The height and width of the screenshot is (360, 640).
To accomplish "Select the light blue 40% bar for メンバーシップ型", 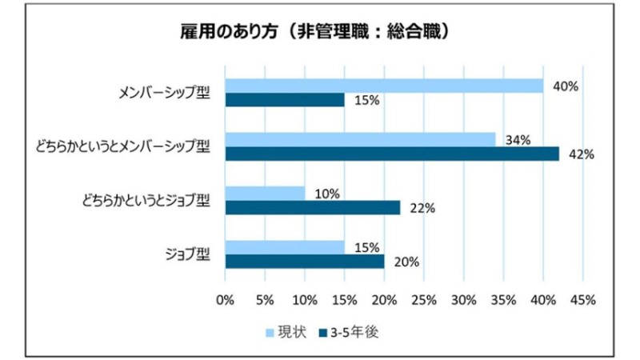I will [x=384, y=86].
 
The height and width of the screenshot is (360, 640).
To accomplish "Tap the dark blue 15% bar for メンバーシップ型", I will [x=285, y=100].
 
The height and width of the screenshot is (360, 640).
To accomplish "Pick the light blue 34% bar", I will [x=360, y=139].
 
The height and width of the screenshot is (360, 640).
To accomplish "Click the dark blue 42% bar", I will [x=392, y=154].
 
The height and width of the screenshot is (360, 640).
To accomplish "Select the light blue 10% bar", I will [x=265, y=194].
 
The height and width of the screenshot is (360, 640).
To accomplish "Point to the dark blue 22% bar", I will [x=313, y=208].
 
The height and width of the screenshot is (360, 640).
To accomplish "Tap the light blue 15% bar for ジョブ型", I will [x=285, y=247].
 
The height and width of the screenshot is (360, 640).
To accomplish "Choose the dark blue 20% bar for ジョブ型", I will [x=305, y=262].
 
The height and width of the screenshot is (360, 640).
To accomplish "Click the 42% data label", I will [x=582, y=154].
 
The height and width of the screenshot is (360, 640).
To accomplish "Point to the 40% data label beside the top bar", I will [x=566, y=86].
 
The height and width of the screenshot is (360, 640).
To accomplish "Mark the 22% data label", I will [x=422, y=208].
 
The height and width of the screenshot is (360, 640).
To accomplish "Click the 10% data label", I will [x=328, y=194].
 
